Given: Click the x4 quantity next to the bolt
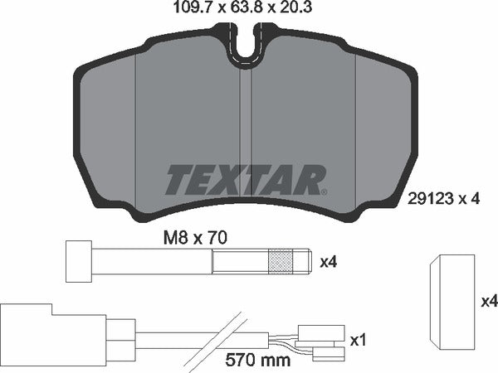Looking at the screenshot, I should click(x=330, y=263).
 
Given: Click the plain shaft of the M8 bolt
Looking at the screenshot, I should click(x=158, y=262).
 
